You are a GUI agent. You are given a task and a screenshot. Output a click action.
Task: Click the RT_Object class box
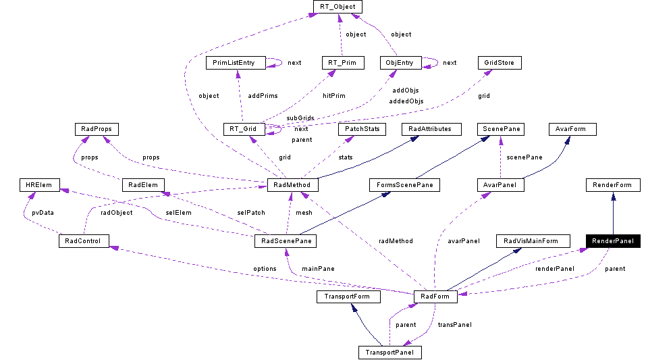338,7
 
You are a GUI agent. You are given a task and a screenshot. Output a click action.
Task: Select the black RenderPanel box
612,241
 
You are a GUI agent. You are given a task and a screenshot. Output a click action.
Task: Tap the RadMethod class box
292,184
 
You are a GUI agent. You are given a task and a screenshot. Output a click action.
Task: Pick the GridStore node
500,63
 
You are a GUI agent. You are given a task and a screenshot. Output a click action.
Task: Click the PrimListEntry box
234,63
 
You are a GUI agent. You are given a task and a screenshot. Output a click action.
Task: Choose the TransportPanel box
389,352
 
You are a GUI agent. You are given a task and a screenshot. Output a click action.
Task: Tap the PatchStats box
361,128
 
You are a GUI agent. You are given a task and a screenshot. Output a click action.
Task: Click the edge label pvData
43,212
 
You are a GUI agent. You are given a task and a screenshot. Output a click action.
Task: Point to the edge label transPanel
454,325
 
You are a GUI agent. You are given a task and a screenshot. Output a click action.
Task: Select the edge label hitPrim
333,96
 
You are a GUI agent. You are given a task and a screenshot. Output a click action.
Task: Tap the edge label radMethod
396,241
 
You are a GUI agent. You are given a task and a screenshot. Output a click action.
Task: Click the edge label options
265,269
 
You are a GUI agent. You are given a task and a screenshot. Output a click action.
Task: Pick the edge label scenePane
524,157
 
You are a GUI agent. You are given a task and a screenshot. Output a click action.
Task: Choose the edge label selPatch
251,213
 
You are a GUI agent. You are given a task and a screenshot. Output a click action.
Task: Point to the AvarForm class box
572,128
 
